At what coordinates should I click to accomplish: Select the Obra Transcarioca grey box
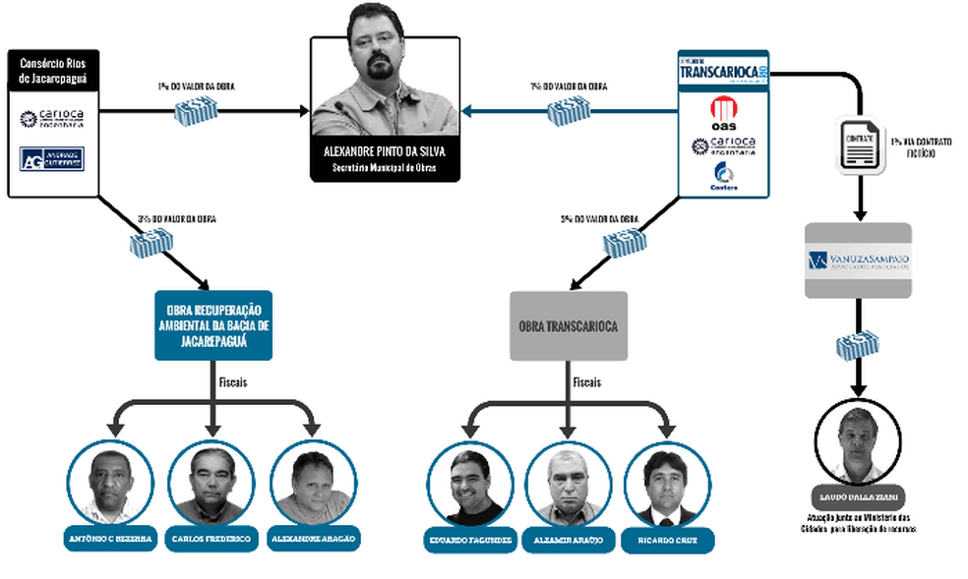(x=569, y=325)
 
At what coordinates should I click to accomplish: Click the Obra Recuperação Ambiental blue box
(x=212, y=323)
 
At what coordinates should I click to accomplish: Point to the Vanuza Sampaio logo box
(x=857, y=261)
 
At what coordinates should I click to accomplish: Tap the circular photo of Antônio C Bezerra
(x=111, y=483)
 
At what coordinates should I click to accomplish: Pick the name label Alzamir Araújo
(x=568, y=540)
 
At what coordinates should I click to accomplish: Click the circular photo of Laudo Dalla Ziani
(x=859, y=439)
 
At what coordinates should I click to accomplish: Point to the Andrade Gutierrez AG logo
(x=51, y=157)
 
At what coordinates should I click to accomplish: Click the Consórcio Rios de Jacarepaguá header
(x=52, y=70)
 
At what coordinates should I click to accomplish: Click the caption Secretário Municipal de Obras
(x=385, y=168)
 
